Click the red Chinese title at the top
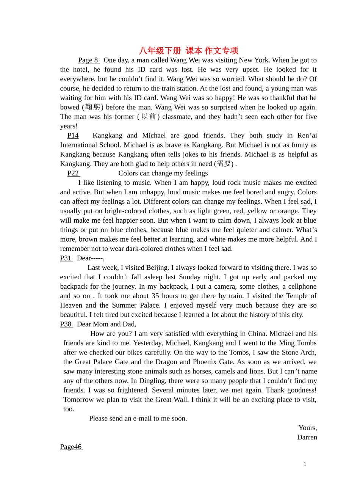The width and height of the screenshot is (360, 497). click(188, 50)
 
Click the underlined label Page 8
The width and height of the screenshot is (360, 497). click(88, 60)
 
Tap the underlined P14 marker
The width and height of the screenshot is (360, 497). click(73, 136)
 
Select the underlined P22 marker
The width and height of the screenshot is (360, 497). click(73, 173)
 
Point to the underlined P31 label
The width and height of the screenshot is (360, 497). click(66, 258)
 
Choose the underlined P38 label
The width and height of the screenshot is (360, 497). click(66, 324)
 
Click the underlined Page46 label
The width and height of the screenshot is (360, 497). click(71, 447)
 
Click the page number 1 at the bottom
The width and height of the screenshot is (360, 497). click(305, 464)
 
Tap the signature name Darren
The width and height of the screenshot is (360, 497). click(307, 437)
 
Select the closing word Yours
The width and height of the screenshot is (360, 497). click(307, 428)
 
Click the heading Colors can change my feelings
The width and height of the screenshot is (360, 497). click(163, 173)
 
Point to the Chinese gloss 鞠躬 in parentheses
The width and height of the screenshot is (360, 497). click(92, 107)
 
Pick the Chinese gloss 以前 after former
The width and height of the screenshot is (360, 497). click(149, 117)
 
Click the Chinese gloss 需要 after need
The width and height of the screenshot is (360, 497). click(224, 164)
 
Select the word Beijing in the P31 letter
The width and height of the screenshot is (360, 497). click(157, 267)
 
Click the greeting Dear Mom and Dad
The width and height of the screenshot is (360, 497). click(106, 324)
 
